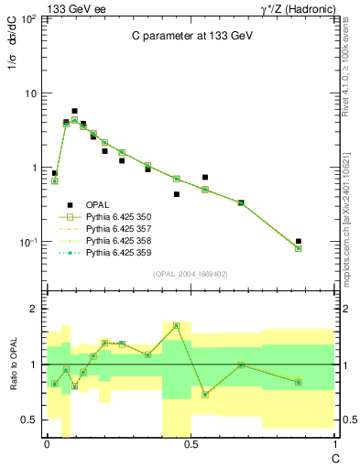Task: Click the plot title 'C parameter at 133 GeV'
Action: (x=190, y=37)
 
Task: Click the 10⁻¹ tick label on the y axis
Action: (x=27, y=243)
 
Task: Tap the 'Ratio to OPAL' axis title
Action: (x=13, y=365)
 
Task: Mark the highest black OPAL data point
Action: (x=74, y=111)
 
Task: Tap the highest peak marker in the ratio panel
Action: (x=176, y=325)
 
